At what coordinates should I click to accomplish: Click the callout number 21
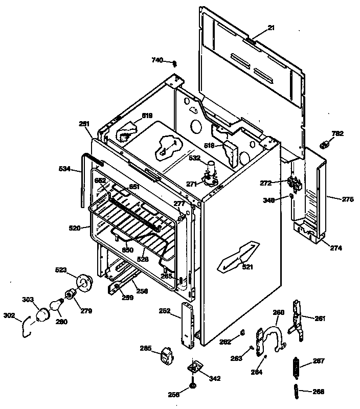pyautogui.click(x=271, y=28)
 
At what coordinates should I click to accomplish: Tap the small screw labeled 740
pyautogui.click(x=175, y=63)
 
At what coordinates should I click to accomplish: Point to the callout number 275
pyautogui.click(x=348, y=199)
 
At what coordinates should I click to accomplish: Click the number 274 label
pyautogui.click(x=336, y=248)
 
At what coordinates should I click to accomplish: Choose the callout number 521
pyautogui.click(x=247, y=267)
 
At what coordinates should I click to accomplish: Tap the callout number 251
pyautogui.click(x=84, y=123)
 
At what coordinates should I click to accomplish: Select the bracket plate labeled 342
pyautogui.click(x=195, y=369)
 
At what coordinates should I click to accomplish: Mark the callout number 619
pyautogui.click(x=147, y=116)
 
